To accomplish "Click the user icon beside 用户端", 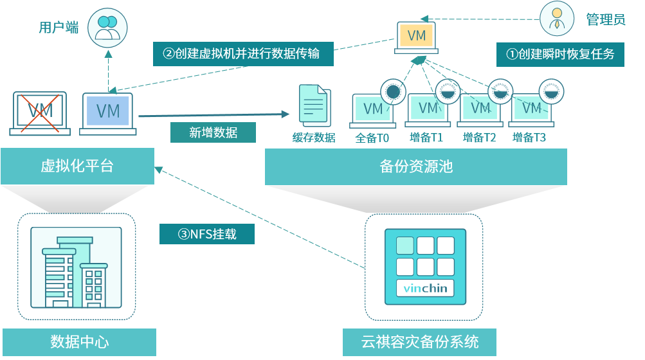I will (x=107, y=26).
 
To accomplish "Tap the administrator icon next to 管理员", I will (x=557, y=19).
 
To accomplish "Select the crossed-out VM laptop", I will (x=40, y=113).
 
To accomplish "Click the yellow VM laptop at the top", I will (x=416, y=37).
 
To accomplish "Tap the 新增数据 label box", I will (x=213, y=132).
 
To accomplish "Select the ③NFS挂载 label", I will (x=207, y=234).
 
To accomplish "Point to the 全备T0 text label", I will (x=373, y=138).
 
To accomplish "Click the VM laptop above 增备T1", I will (x=428, y=109).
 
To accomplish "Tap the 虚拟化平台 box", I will (x=77, y=166).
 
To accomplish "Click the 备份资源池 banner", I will (x=416, y=166).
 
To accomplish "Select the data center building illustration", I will (x=76, y=267).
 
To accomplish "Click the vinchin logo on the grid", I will (x=425, y=289).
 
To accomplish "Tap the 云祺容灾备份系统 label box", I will (x=420, y=341).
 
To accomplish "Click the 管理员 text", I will (x=606, y=19).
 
